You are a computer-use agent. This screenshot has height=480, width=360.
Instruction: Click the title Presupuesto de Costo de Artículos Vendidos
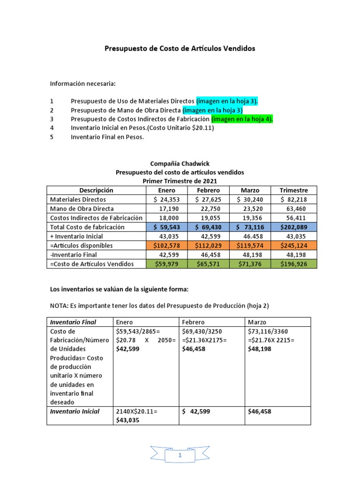[x=180, y=49]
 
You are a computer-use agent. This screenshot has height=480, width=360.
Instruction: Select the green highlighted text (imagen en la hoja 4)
[x=242, y=119]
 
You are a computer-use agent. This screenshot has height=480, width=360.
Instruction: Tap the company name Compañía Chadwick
[x=180, y=164]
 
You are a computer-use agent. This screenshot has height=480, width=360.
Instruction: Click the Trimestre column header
[x=293, y=190]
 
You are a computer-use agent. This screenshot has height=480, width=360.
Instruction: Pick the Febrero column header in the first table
[x=208, y=190]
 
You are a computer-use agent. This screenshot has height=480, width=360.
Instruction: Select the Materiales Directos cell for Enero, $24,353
[x=167, y=200]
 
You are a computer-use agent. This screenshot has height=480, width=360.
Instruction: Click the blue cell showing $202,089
[x=293, y=227]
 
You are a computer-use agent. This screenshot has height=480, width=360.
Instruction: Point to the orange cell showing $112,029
[x=208, y=246]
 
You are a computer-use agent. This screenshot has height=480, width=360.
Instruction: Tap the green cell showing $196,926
[x=293, y=264]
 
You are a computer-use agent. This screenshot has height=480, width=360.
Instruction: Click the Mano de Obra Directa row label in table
[x=82, y=209]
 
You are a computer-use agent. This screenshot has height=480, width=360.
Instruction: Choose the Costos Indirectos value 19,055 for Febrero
[x=208, y=218]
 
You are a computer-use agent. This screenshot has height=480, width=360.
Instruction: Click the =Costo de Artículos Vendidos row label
[x=91, y=264]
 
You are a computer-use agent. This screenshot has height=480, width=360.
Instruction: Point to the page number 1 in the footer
[x=180, y=455]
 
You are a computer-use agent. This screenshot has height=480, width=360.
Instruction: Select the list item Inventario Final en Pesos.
[x=107, y=137]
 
